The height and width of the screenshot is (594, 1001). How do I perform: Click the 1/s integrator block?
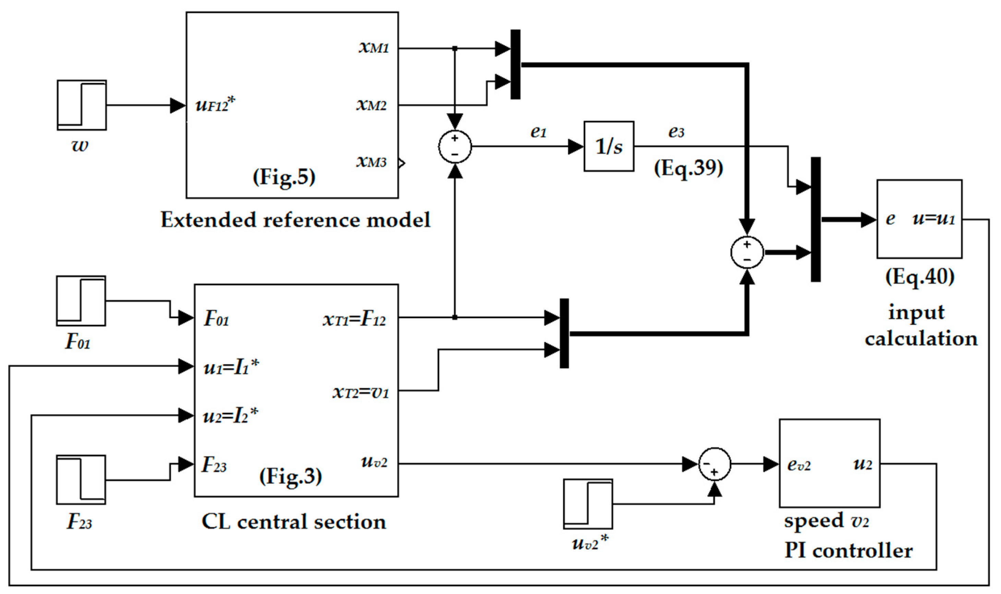(608, 147)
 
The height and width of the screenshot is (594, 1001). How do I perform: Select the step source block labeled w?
(82, 105)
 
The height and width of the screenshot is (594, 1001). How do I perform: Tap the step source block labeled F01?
(81, 301)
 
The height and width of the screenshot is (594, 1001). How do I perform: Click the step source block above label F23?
(81, 479)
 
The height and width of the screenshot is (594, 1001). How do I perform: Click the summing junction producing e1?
(455, 147)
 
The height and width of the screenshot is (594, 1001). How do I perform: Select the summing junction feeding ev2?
(714, 464)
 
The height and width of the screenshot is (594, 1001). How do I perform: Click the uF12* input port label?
(215, 105)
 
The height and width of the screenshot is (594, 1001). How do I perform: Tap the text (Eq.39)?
(688, 168)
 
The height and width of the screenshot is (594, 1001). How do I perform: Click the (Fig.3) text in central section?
(290, 476)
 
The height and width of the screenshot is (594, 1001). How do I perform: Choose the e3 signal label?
(676, 132)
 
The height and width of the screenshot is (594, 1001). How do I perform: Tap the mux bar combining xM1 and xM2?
(516, 64)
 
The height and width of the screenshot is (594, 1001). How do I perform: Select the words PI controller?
(848, 551)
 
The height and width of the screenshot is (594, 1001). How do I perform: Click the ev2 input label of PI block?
(799, 465)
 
